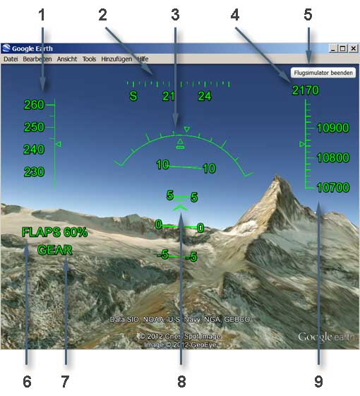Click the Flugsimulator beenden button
tap(323, 73)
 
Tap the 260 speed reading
tap(34, 104)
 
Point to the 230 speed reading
tap(34, 172)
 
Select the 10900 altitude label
tap(332, 128)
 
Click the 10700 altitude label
tap(332, 187)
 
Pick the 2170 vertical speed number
tap(306, 90)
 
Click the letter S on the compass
tap(133, 96)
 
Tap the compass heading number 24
tap(205, 96)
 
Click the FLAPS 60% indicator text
tap(54, 232)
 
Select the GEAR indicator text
tap(55, 250)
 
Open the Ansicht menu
tap(66, 59)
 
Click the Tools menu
tap(89, 59)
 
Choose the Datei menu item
tap(11, 59)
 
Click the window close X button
tap(354, 48)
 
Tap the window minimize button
tap(333, 48)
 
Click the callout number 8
tap(181, 381)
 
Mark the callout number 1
tap(42, 15)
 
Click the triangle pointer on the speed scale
tap(59, 144)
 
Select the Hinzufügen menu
tap(116, 59)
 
